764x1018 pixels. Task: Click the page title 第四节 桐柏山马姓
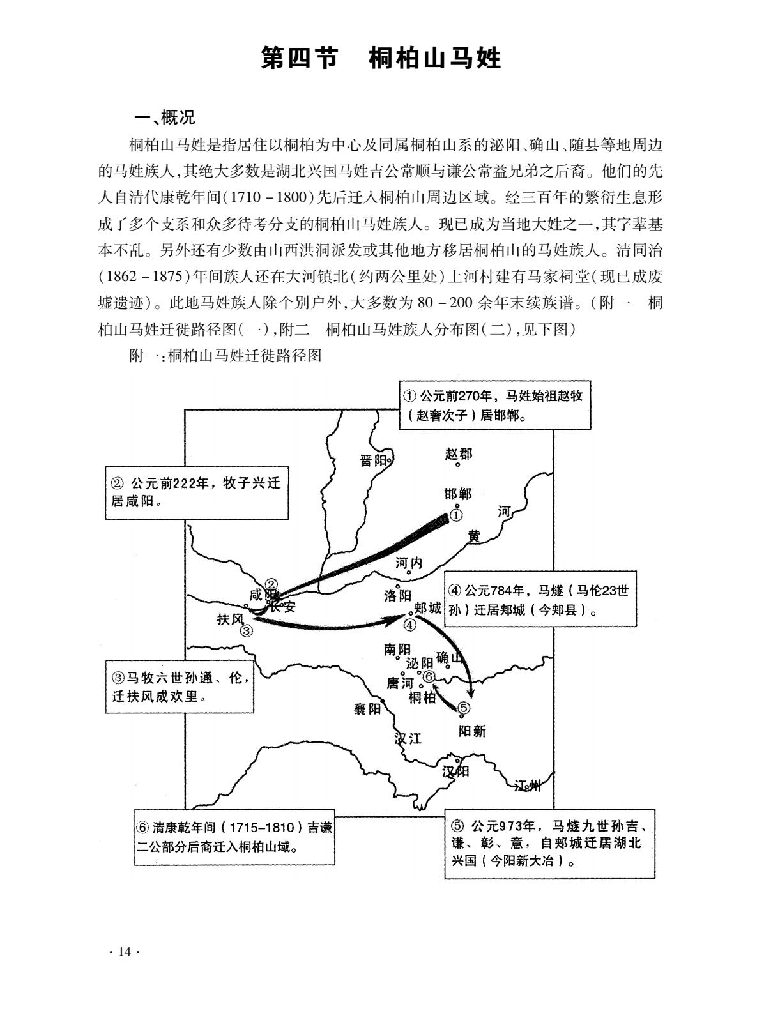coord(381,59)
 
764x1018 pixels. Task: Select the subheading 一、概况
coord(164,118)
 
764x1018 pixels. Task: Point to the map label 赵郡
coord(458,454)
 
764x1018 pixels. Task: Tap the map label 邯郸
coord(457,494)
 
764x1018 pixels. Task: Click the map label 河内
coord(409,563)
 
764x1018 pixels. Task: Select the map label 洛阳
coord(397,596)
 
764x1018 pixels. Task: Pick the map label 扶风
coord(231,619)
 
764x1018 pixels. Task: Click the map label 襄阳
coord(367,709)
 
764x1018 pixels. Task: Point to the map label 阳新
coord(472,731)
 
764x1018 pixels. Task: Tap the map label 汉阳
coord(455,771)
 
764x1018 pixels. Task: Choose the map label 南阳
coord(397,650)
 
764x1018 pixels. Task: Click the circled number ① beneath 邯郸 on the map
coord(456,513)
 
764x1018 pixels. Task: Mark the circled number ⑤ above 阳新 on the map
coord(464,708)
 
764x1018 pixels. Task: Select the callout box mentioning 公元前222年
coord(193,492)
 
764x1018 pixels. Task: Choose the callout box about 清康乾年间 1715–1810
coord(234,837)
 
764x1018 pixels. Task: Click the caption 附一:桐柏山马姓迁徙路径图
coord(224,356)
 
